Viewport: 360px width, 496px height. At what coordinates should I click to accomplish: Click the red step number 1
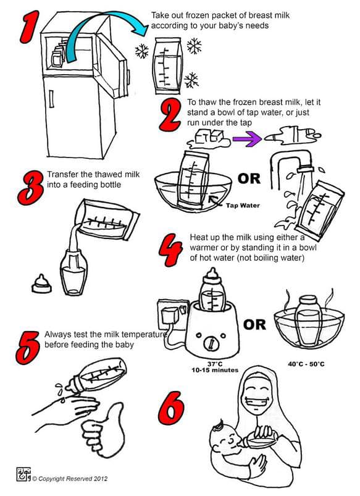[30, 27]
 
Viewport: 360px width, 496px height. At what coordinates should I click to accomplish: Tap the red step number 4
[170, 250]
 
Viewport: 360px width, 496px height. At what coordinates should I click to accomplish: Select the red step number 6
[171, 408]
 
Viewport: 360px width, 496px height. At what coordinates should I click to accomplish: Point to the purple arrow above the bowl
[247, 138]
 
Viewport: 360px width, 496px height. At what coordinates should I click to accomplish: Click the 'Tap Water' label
[243, 205]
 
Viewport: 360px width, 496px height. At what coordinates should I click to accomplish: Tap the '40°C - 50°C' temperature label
[306, 364]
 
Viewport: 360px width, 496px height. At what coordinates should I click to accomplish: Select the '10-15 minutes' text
[215, 370]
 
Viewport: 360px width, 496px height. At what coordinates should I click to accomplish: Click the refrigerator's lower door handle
[51, 99]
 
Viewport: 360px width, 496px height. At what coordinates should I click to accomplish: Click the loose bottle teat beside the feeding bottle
[41, 284]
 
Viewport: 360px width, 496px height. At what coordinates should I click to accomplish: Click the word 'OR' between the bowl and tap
[249, 179]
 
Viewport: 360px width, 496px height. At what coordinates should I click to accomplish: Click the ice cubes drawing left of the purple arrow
[209, 139]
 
